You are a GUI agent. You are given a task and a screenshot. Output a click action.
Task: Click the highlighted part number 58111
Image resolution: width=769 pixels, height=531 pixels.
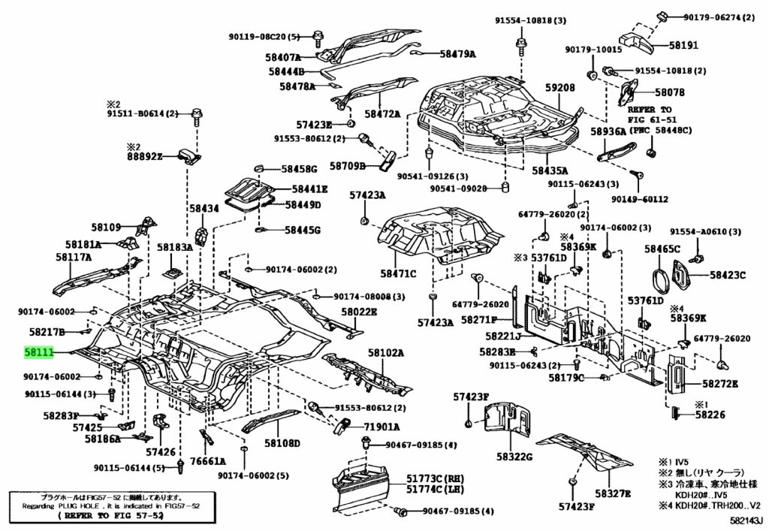pyautogui.click(x=40, y=351)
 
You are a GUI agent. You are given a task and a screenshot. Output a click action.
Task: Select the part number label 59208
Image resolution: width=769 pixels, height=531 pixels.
pyautogui.click(x=559, y=88)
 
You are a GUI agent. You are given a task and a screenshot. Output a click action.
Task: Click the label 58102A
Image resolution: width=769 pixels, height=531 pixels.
pyautogui.click(x=385, y=352)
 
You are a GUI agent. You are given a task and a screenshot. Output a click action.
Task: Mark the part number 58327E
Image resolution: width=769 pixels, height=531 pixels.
pyautogui.click(x=613, y=493)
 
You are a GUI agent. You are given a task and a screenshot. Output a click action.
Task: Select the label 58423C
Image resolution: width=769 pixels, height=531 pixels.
pyautogui.click(x=728, y=275)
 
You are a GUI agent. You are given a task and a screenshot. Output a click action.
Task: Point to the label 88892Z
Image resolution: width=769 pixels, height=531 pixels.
pyautogui.click(x=145, y=156)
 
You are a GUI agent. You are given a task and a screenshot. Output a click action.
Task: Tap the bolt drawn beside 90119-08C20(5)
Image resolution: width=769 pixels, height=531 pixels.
pyautogui.click(x=319, y=38)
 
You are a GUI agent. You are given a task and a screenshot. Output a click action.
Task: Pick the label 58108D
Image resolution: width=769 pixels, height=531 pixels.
pyautogui.click(x=282, y=444)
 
